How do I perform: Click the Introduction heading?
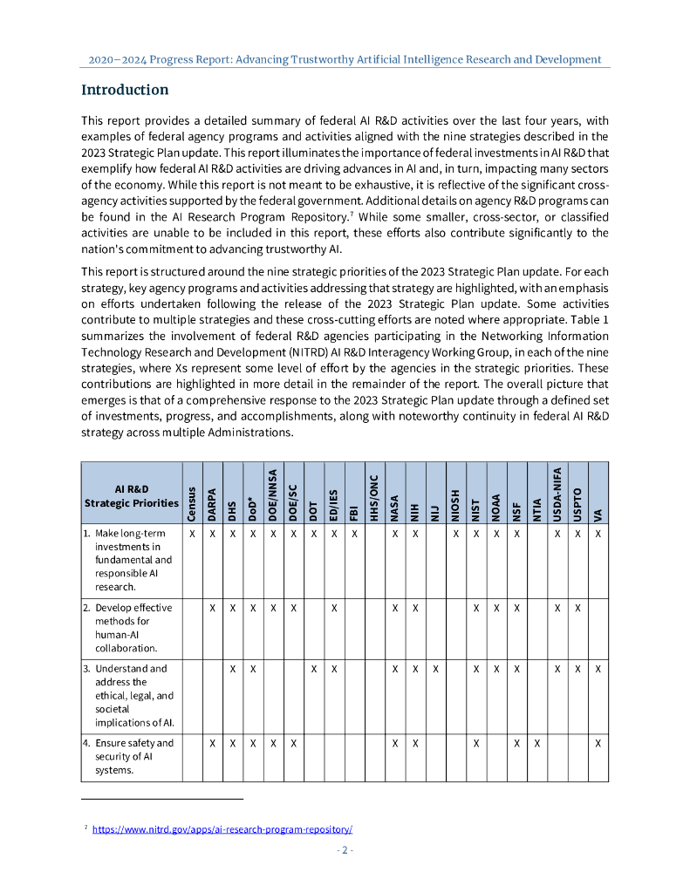tap(125, 90)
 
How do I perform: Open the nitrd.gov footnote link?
tap(222, 829)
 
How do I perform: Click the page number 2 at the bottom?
tap(345, 850)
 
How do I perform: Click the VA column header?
tap(598, 515)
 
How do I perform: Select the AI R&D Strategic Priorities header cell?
tap(131, 495)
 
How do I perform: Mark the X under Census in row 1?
tap(192, 533)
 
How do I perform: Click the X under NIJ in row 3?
tap(435, 669)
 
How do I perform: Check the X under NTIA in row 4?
tap(536, 743)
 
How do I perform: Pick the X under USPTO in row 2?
tap(577, 608)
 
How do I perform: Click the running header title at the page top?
tap(345, 59)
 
